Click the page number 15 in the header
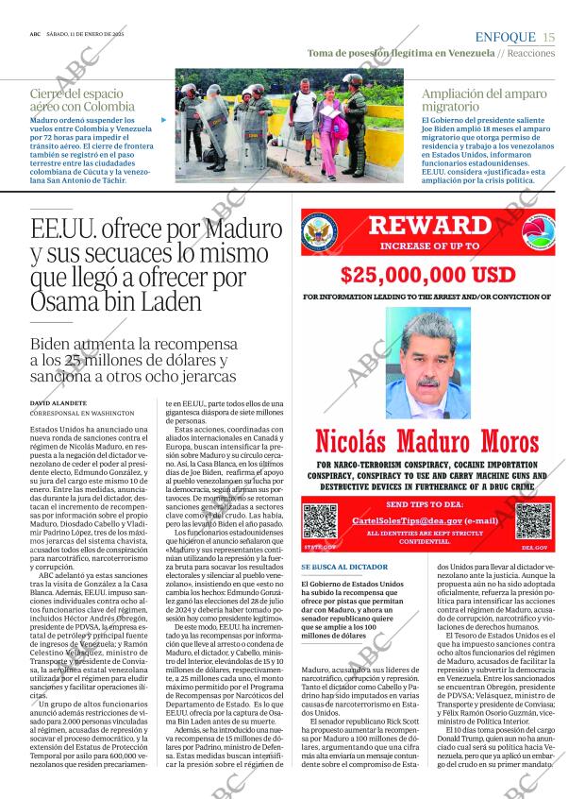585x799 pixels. pyautogui.click(x=549, y=37)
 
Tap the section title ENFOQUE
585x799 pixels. pyautogui.click(x=506, y=37)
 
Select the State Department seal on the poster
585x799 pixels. pyautogui.click(x=319, y=232)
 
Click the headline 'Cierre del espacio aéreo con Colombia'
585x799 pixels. pyautogui.click(x=83, y=99)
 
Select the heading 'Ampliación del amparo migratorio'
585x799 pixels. pyautogui.click(x=484, y=99)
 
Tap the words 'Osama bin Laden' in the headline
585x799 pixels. pyautogui.click(x=116, y=302)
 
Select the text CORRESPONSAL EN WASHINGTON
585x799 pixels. pyautogui.click(x=82, y=414)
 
